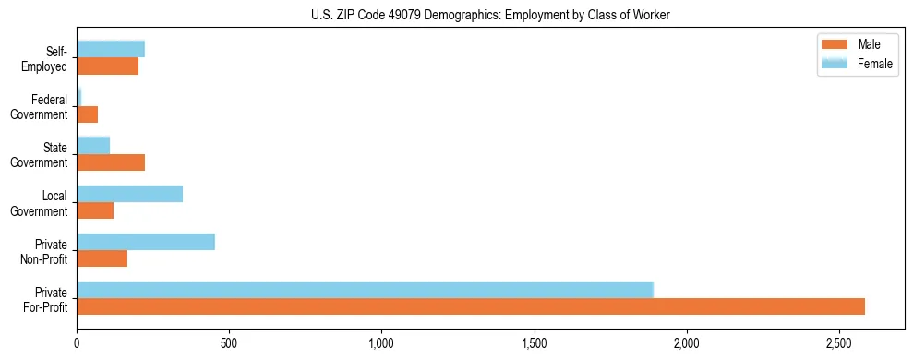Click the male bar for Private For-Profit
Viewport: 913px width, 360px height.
click(x=471, y=306)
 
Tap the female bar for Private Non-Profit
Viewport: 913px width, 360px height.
click(x=146, y=242)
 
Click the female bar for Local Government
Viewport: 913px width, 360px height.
click(x=130, y=194)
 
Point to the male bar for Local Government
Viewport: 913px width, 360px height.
click(x=95, y=210)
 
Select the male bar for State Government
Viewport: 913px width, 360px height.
click(x=111, y=162)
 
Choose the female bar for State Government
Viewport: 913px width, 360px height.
click(x=93, y=145)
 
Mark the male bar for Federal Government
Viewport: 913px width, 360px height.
click(x=88, y=114)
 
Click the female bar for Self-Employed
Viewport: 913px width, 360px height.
click(x=111, y=49)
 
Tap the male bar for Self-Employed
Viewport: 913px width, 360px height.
click(x=108, y=66)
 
